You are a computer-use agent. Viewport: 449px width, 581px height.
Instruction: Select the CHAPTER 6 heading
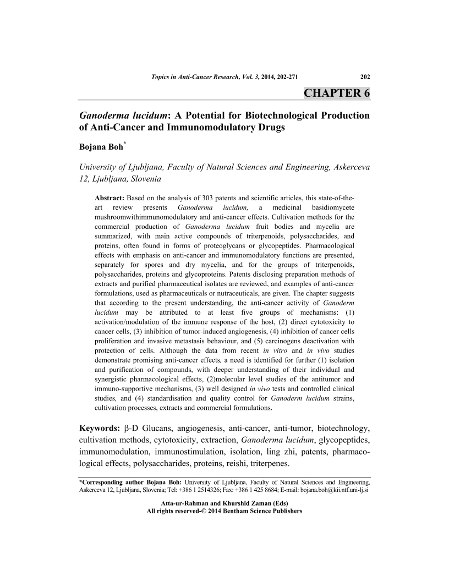[x=337, y=92]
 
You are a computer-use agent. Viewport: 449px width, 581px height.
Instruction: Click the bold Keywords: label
[x=99, y=427]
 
